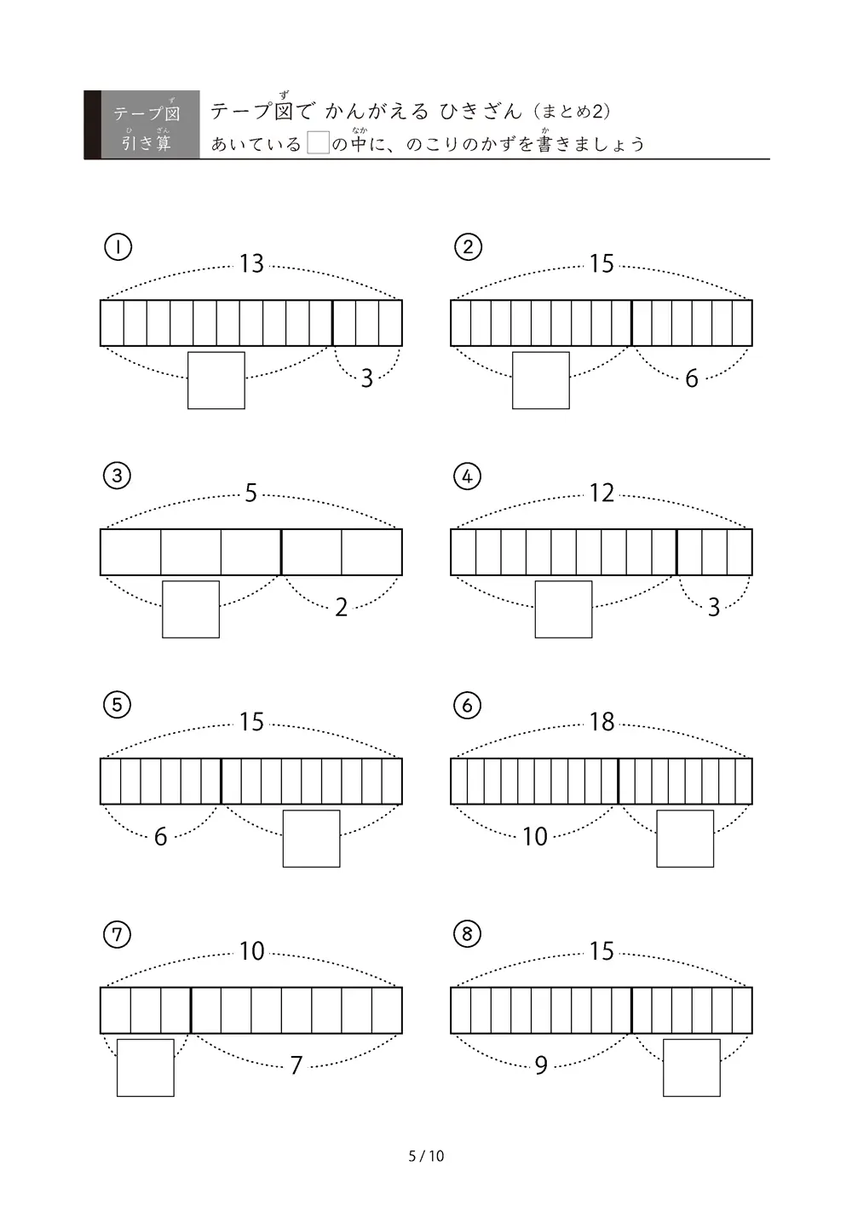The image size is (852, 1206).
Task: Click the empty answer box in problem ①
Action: coord(216,381)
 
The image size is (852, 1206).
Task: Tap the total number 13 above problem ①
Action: coord(251,264)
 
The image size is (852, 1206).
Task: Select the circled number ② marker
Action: coord(468,247)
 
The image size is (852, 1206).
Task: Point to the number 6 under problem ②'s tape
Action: coord(692,378)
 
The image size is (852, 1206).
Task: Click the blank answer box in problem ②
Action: coord(540,381)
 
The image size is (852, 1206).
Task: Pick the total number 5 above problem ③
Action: coord(250,493)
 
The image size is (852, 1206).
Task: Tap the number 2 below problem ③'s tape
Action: coord(342,608)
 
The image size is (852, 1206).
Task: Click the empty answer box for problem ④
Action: coord(563,609)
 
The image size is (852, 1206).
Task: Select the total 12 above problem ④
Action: coord(602,493)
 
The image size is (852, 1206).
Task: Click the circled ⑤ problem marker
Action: coord(117,706)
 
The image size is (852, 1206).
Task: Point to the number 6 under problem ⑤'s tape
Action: coord(160,837)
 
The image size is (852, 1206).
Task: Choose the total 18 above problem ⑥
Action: coord(602,722)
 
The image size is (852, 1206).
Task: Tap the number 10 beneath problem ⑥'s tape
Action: coord(534,837)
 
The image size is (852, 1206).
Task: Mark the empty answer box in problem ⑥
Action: coord(685,839)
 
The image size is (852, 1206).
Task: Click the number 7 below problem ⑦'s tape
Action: coord(296,1065)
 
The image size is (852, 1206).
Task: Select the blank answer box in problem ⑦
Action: coord(146,1068)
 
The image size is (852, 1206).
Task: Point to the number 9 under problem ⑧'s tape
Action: coord(541,1065)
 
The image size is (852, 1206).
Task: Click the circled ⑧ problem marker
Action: coord(467,934)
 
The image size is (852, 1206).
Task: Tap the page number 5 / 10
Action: coord(426,1156)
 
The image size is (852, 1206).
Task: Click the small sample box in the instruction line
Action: coord(318,142)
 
